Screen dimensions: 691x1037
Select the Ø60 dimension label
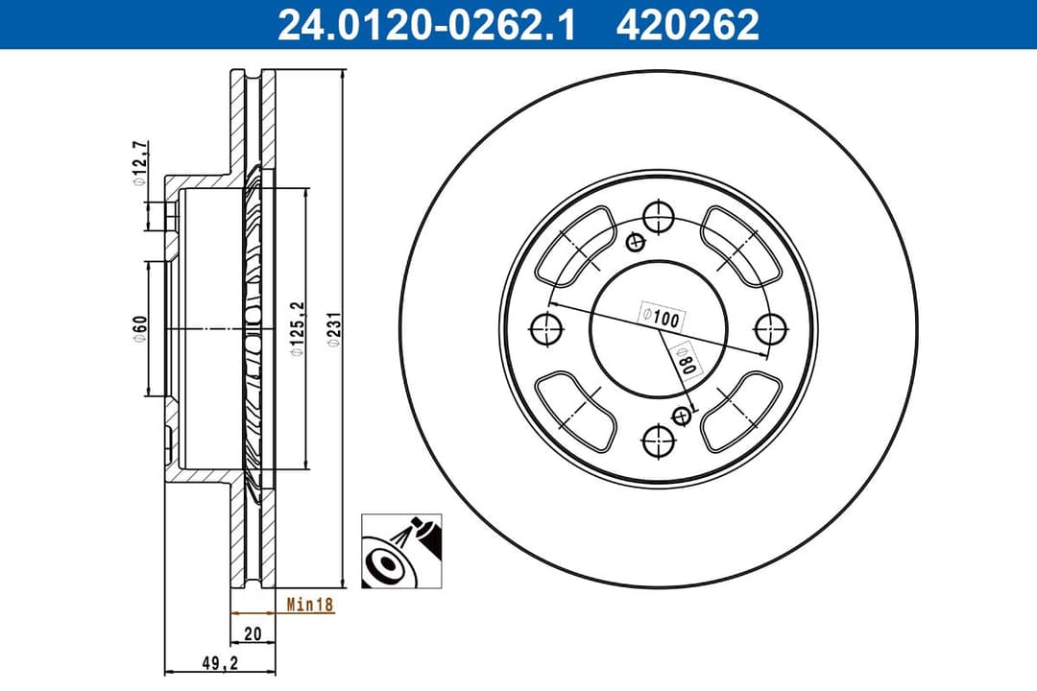140,328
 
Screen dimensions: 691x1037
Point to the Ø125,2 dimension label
298,329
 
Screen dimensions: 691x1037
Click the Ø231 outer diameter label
333,329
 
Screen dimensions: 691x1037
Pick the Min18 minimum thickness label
309,605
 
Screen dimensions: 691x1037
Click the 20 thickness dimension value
253,633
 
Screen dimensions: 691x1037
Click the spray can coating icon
401,550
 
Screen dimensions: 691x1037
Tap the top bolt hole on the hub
658,216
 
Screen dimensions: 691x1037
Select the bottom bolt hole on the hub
658,441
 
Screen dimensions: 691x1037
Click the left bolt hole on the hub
545,328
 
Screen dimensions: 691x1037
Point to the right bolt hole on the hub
770,328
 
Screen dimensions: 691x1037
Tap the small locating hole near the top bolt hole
633,242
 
